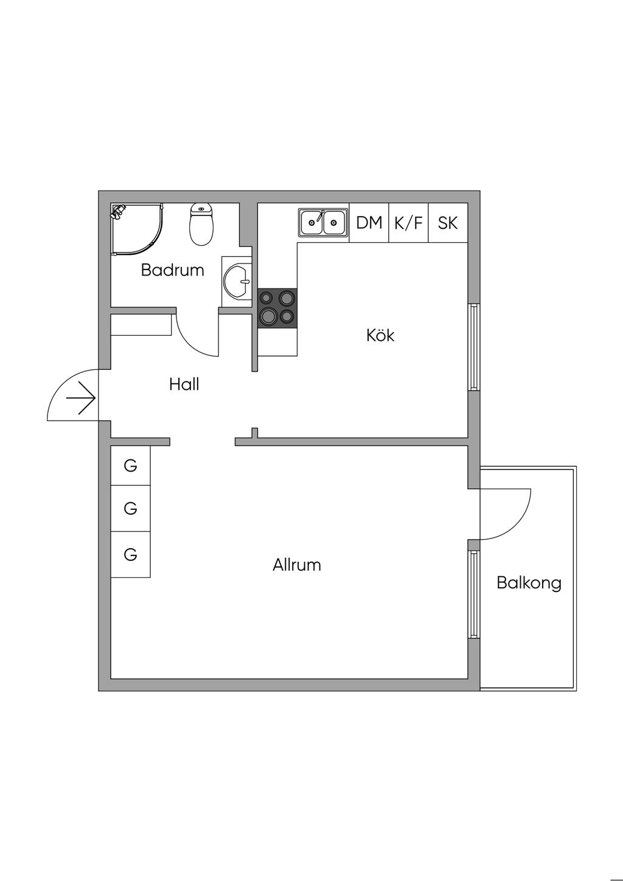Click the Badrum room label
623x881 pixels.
click(x=172, y=270)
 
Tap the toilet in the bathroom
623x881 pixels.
click(x=202, y=225)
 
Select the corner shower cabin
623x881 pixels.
click(x=136, y=229)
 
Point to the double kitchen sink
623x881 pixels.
click(x=323, y=222)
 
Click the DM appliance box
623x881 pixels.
click(x=369, y=223)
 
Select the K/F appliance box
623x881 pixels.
click(x=408, y=223)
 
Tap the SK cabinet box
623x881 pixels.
click(x=448, y=223)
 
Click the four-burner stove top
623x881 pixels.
click(x=277, y=308)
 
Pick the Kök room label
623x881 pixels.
click(x=380, y=335)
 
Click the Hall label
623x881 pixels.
click(x=184, y=385)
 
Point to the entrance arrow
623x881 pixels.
click(x=81, y=399)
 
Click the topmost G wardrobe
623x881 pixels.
click(x=130, y=466)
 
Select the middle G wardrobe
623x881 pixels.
click(x=130, y=508)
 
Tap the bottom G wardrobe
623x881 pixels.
click(x=130, y=555)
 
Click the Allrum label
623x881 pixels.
click(x=297, y=565)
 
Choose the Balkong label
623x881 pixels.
click(x=529, y=583)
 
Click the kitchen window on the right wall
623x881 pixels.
click(x=474, y=347)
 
